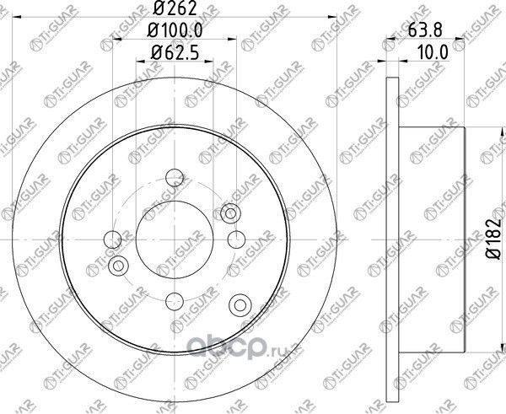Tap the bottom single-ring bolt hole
point(175,298)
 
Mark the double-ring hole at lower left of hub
point(118,266)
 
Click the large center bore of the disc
point(175,239)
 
